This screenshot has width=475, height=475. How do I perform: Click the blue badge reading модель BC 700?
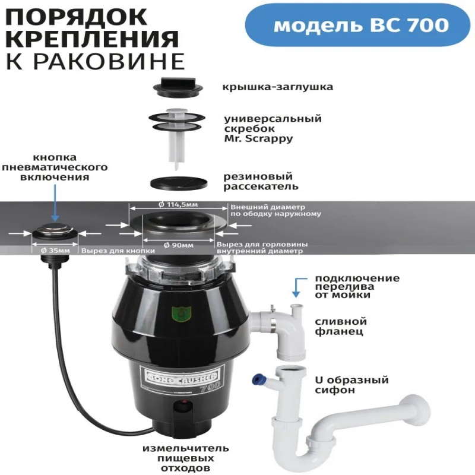(357, 26)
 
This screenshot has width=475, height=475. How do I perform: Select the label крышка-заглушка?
(278, 87)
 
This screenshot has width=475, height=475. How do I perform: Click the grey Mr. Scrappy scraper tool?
(176, 133)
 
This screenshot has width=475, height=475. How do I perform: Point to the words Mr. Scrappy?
(258, 138)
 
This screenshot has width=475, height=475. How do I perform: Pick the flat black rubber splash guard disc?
(179, 183)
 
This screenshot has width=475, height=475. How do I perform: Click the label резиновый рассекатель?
(261, 181)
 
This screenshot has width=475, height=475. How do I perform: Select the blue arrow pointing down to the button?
(55, 203)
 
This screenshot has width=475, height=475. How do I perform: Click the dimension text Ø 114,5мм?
(178, 204)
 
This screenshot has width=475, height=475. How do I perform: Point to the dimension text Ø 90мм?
(179, 245)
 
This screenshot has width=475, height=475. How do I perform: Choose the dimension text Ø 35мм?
(55, 251)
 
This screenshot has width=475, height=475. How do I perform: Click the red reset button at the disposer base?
(183, 403)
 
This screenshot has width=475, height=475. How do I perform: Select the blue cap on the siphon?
(258, 379)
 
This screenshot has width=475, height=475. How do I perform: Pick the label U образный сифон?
(351, 385)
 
